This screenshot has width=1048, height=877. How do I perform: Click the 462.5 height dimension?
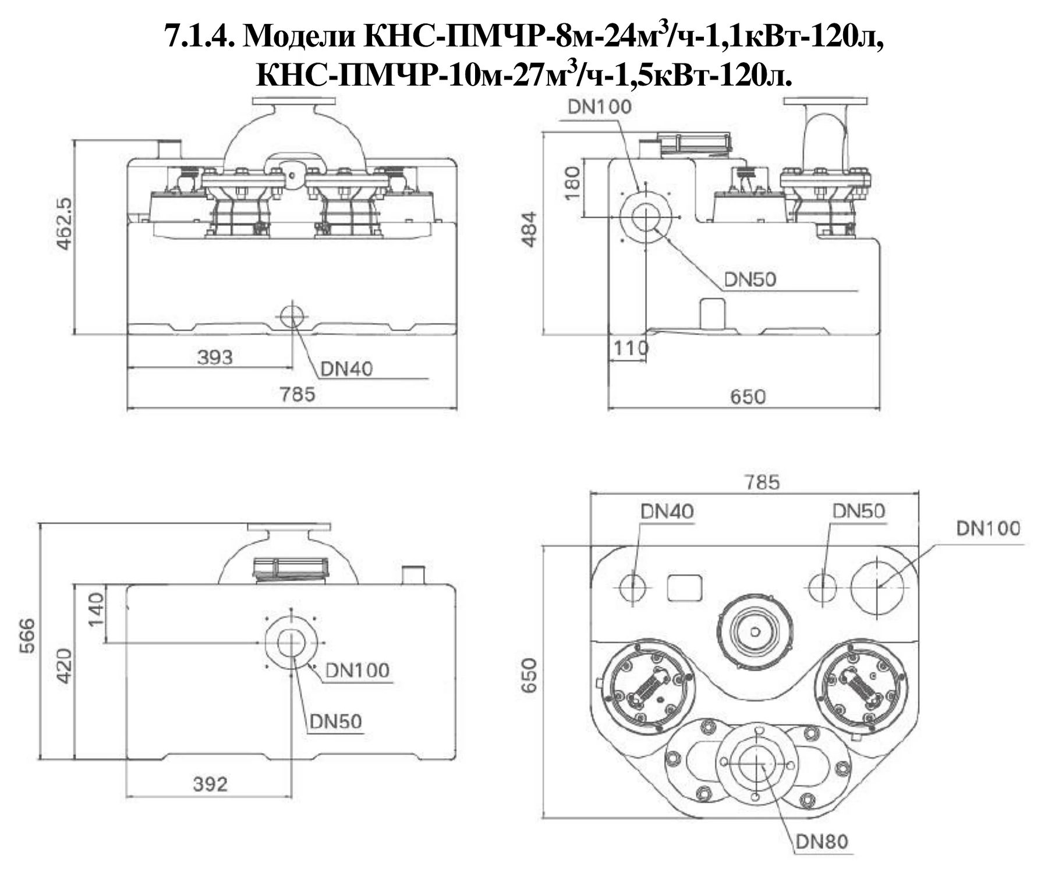(64, 225)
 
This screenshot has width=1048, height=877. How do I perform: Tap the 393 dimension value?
(215, 357)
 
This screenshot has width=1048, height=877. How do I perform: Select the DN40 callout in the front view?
(346, 368)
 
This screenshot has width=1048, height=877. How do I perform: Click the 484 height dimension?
(529, 229)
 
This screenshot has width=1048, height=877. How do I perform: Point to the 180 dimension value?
(573, 183)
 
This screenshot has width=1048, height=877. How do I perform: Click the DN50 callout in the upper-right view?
(750, 279)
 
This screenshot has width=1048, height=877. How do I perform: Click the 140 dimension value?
(96, 609)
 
